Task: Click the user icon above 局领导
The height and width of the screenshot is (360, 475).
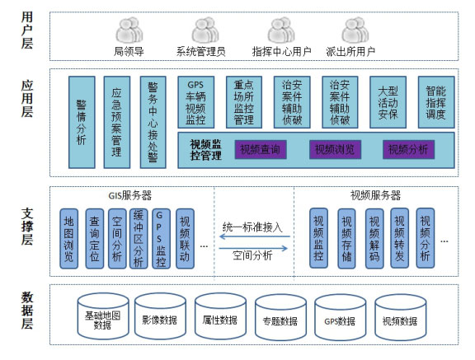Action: point(129,30)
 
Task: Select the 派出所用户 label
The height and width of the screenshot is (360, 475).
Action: point(350,52)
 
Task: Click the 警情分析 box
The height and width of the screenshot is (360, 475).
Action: point(82,122)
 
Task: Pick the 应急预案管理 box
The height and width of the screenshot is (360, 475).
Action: point(117,122)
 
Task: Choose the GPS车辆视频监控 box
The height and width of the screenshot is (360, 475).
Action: point(196,102)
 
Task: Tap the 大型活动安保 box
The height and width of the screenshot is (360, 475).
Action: point(388,102)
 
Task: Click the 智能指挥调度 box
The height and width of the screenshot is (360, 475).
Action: point(436,102)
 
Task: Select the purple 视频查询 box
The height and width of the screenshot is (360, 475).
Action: point(261,149)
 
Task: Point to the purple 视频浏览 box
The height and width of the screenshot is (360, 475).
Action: point(335,149)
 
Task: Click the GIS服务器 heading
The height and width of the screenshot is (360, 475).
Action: point(130,195)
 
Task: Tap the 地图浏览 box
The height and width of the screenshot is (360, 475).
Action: point(68,238)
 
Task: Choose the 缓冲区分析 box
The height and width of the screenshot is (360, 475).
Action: point(139,238)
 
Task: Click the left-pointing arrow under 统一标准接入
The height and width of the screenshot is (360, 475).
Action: point(255,236)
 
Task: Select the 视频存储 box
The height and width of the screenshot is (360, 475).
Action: point(346,238)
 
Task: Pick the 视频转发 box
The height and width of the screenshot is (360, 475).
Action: point(400,238)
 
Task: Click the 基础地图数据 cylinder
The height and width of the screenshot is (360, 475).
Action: point(103,316)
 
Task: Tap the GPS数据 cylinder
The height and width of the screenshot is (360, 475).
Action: point(341,317)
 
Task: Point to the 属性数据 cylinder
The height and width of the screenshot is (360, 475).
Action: point(220,316)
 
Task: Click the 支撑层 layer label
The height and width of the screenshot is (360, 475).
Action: point(27,227)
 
